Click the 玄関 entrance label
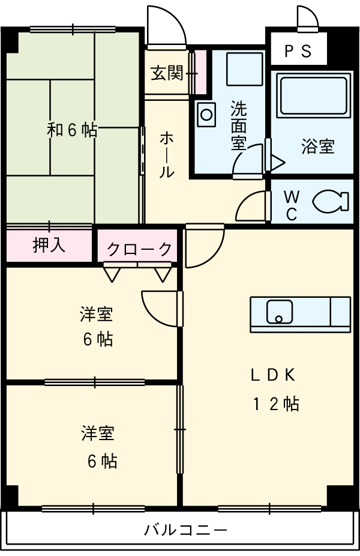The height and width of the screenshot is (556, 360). click(167, 74)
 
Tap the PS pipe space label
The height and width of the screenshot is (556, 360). click(298, 51)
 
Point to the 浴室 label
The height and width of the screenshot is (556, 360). click(318, 147)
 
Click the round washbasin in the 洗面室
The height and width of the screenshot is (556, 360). click(207, 113)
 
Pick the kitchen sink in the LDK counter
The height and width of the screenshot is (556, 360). click(279, 311)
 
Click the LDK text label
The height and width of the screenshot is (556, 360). click(273, 375)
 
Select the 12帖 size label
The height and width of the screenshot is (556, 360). click(275, 404)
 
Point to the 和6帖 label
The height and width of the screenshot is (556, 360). click(73, 130)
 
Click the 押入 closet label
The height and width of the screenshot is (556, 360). click(49, 245)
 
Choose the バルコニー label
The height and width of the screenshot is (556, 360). click(185, 530)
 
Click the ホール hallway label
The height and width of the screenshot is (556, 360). click(167, 155)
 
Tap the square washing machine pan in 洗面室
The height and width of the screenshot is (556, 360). click(244, 68)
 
